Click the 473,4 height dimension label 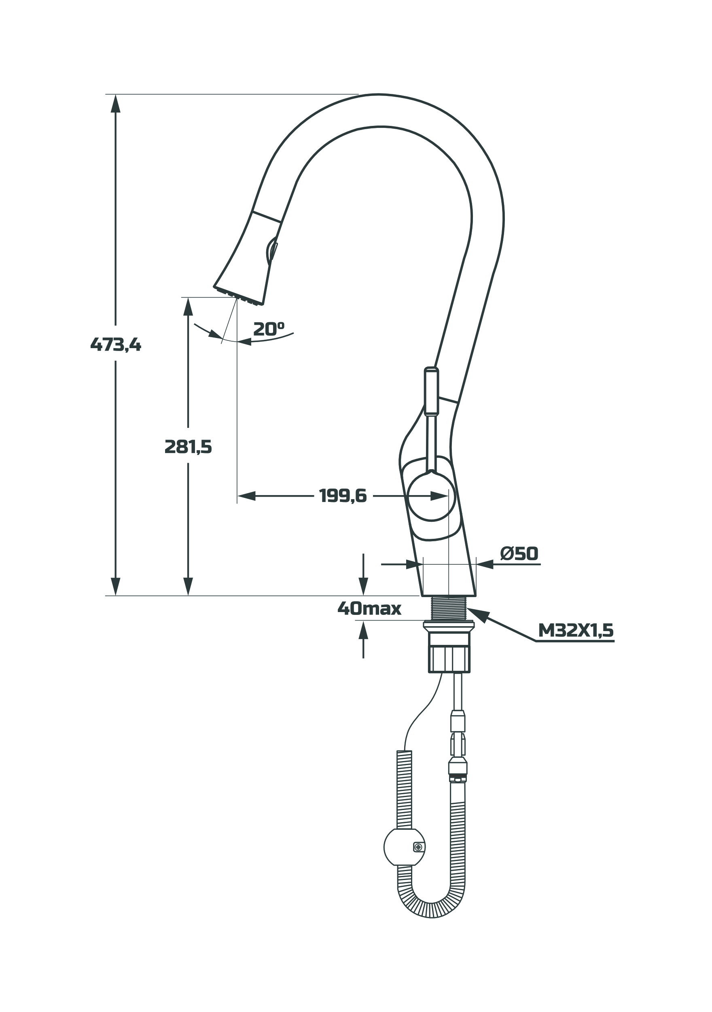pos(115,344)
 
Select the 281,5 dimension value pos(188,447)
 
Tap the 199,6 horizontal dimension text pos(343,496)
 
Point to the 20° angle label pos(268,329)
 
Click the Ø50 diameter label pos(519,554)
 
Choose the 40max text pos(369,609)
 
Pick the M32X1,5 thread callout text pos(575,631)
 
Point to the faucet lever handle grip pos(431,391)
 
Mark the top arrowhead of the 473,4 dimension pos(115,104)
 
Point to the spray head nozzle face pos(238,296)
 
